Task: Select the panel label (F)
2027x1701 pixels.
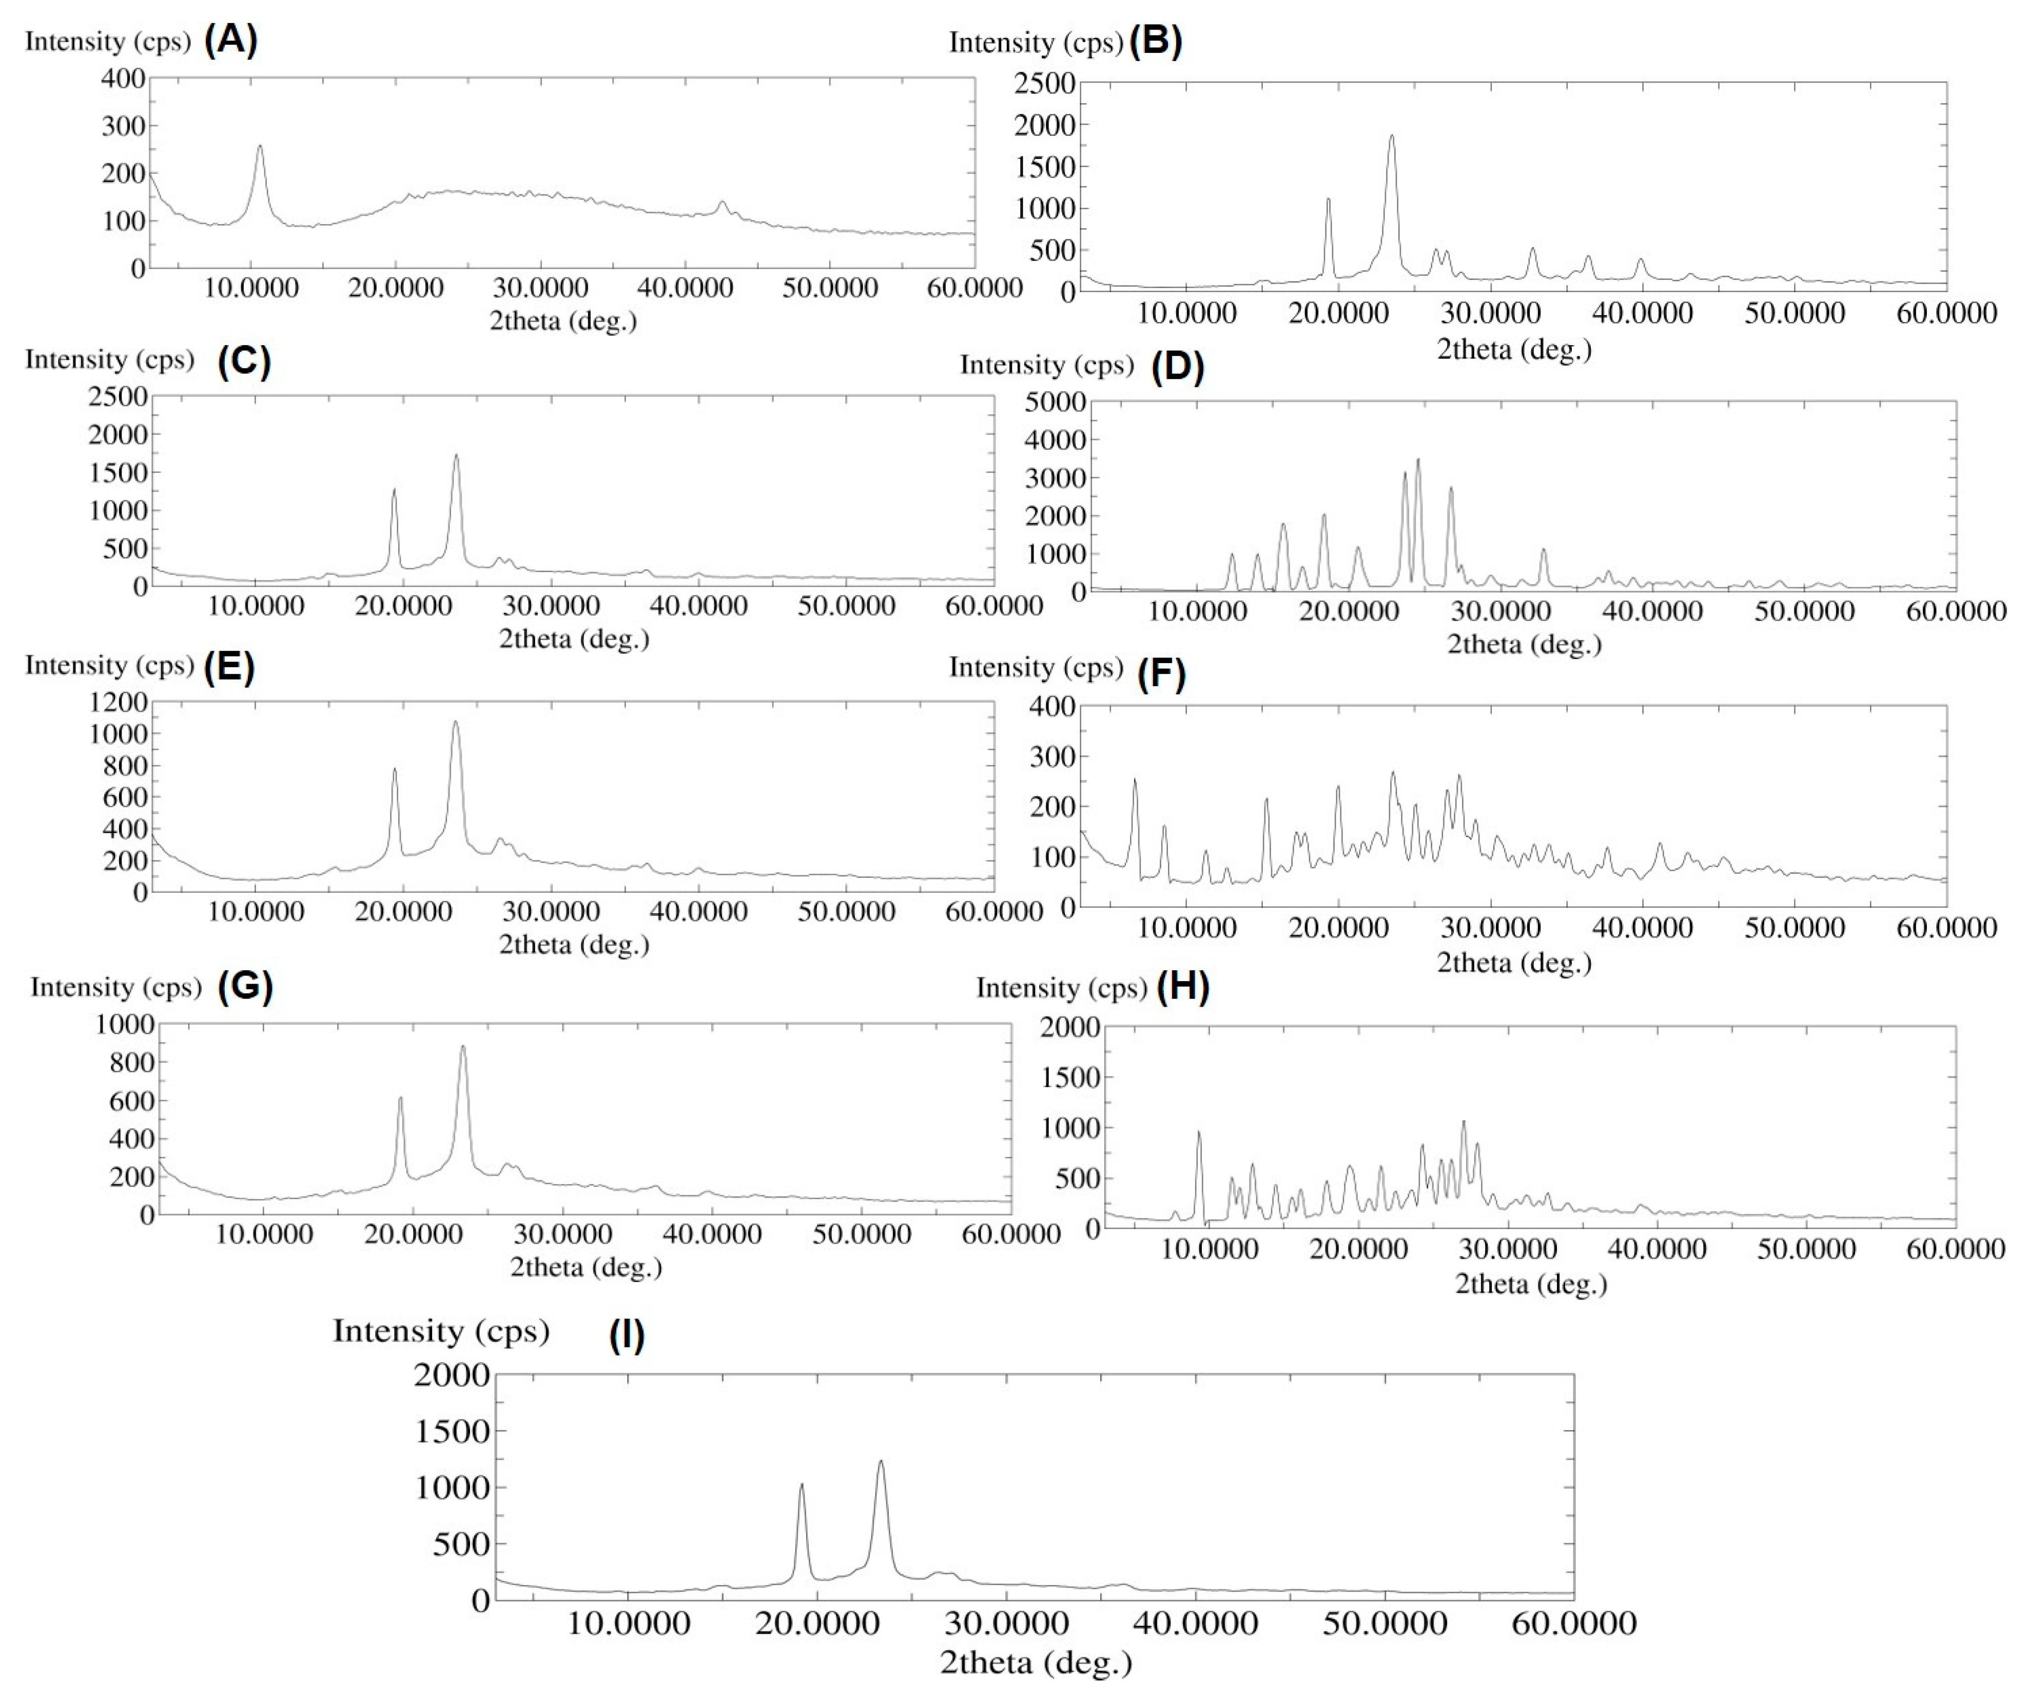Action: (1161, 672)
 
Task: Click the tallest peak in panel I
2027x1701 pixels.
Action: (880, 1463)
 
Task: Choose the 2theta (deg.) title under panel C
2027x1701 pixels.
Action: (573, 639)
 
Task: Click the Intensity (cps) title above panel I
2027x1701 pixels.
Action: (441, 1331)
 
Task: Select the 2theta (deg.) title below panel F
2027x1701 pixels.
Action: (1513, 963)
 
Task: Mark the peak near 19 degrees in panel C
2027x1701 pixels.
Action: (394, 491)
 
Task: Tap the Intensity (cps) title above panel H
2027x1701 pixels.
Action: (1061, 988)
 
